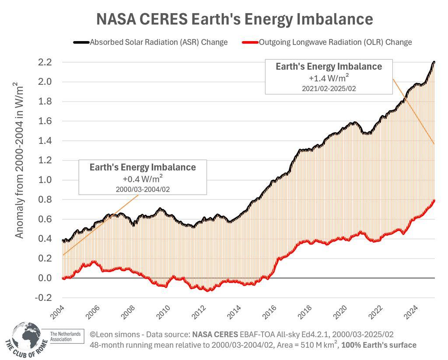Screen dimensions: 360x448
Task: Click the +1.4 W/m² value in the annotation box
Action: [329, 78]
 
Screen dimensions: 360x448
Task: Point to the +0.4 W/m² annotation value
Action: [143, 179]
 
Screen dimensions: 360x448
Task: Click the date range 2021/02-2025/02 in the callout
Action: [329, 88]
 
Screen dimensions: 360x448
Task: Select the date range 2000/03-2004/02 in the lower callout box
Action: [143, 189]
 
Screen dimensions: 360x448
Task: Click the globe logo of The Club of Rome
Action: [26, 337]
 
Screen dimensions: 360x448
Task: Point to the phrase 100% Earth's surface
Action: [379, 345]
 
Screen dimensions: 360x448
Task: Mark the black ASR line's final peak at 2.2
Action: [434, 62]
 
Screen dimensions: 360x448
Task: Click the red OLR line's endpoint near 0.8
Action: [434, 200]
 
